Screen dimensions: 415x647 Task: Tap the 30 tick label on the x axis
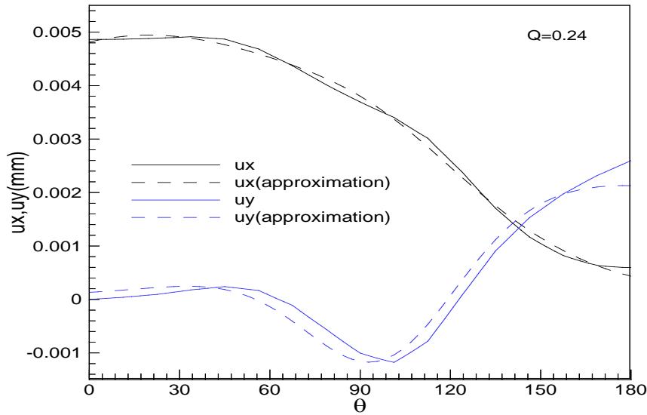179,392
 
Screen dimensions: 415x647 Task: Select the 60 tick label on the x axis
269,392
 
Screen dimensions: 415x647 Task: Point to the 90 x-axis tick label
360,392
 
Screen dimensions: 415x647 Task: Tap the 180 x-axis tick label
630,392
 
